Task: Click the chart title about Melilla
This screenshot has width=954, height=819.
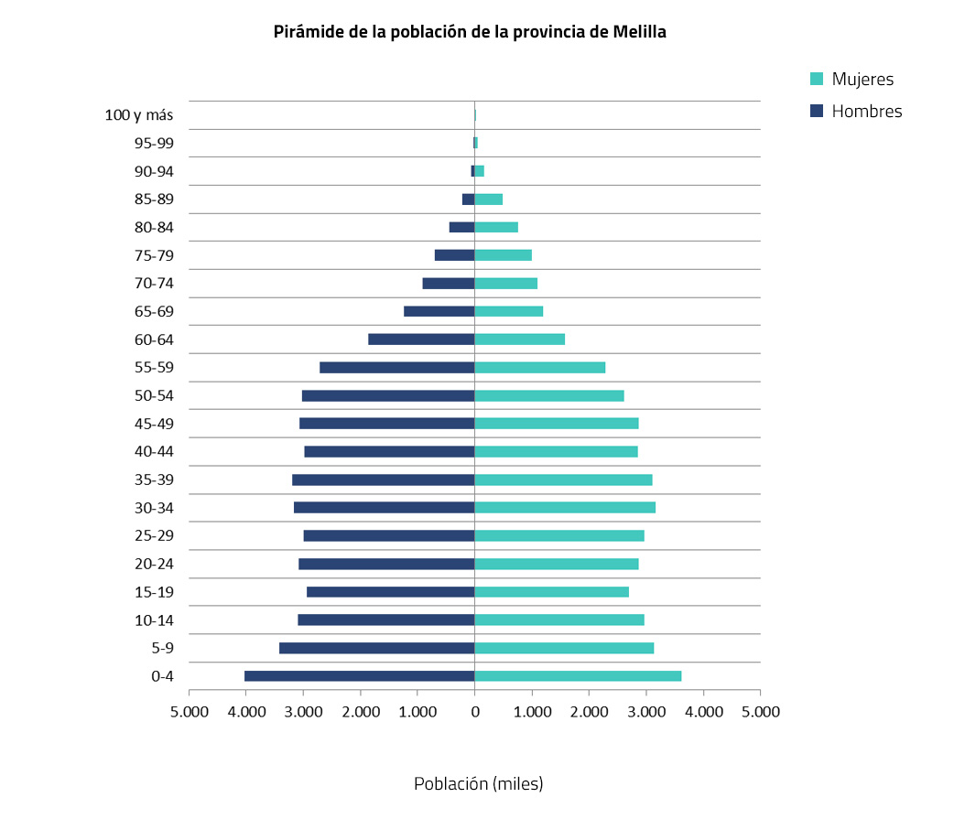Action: coord(470,32)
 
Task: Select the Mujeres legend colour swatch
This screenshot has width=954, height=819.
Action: coord(818,80)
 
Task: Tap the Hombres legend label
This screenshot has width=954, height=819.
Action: coord(866,112)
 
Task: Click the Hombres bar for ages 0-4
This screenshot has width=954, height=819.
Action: coord(359,676)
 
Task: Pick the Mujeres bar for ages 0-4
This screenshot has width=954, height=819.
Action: coord(578,676)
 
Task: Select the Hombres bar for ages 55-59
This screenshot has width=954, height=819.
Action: coord(396,367)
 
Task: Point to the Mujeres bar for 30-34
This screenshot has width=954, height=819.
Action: coord(565,507)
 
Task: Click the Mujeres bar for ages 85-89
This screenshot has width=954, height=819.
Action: coord(489,199)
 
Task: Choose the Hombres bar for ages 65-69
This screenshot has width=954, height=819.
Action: coord(439,311)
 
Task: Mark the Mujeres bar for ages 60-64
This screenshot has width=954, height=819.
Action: coord(519,339)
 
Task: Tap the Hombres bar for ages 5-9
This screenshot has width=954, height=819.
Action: coord(376,648)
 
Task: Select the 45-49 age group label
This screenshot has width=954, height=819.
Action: coord(154,424)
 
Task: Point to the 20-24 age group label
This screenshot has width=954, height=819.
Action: coord(154,564)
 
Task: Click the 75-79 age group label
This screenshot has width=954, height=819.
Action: coord(154,255)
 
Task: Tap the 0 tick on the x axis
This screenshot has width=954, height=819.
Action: coord(474,711)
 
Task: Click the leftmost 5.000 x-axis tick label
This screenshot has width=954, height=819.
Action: coord(189,711)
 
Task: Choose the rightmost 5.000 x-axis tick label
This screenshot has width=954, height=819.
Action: coord(760,711)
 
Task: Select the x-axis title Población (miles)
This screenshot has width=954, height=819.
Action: coord(478,784)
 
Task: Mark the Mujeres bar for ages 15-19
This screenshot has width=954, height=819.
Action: coord(551,592)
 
